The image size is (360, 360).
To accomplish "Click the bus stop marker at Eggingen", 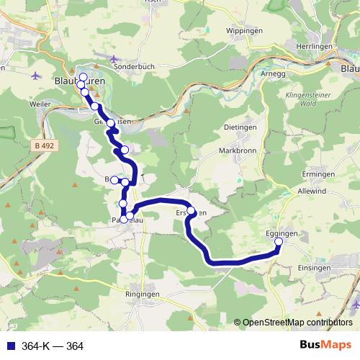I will [279, 241].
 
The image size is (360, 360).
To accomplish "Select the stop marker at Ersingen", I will [191, 211].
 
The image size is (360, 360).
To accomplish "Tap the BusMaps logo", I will [325, 346].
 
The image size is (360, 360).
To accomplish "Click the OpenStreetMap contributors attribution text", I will [297, 323].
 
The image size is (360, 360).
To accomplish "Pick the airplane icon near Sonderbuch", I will [113, 58].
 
